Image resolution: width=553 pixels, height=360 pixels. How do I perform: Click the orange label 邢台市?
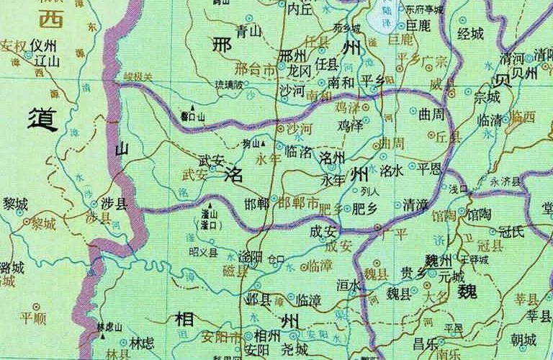[256, 71]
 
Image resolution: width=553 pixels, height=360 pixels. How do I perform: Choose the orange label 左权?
[13, 48]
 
